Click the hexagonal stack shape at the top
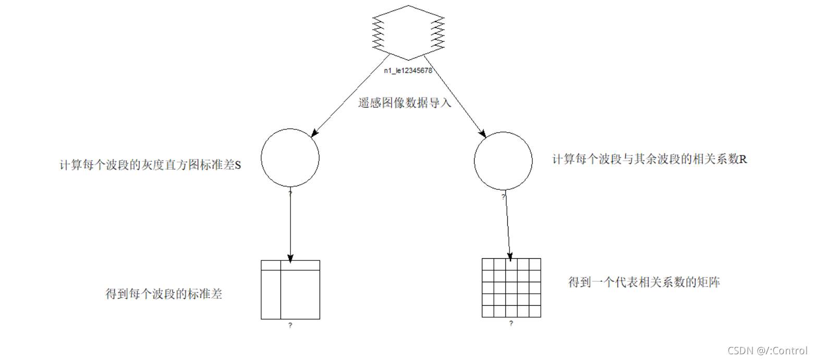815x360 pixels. pyautogui.click(x=408, y=33)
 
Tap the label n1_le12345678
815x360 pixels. pyautogui.click(x=408, y=71)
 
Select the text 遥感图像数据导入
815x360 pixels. pyautogui.click(x=405, y=103)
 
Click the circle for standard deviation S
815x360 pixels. pyautogui.click(x=290, y=158)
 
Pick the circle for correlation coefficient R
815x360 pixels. pyautogui.click(x=503, y=161)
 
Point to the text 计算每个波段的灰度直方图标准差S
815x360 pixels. pyautogui.click(x=150, y=165)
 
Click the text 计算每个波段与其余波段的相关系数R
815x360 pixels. pyautogui.click(x=650, y=160)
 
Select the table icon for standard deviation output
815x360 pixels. pyautogui.click(x=290, y=290)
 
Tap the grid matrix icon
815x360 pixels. pyautogui.click(x=511, y=287)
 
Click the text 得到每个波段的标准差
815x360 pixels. pyautogui.click(x=164, y=294)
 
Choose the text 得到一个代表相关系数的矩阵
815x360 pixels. pyautogui.click(x=644, y=283)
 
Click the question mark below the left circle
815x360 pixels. pyautogui.click(x=290, y=193)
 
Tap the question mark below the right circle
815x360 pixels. pyautogui.click(x=503, y=197)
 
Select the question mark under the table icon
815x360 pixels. pyautogui.click(x=290, y=326)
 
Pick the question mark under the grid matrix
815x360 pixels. pyautogui.click(x=511, y=323)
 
